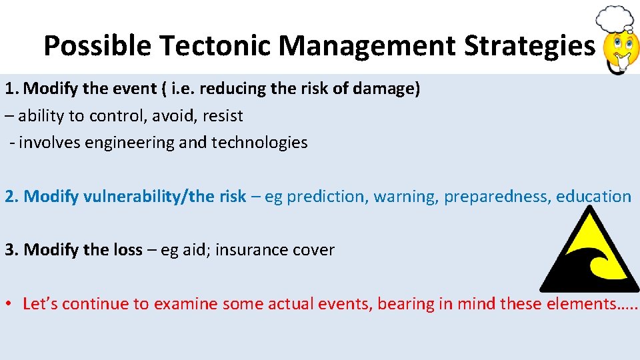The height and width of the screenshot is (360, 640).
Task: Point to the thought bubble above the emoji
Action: click(x=614, y=18)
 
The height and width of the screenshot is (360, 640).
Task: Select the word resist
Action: click(x=223, y=116)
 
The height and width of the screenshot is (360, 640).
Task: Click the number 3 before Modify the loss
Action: click(x=10, y=251)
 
